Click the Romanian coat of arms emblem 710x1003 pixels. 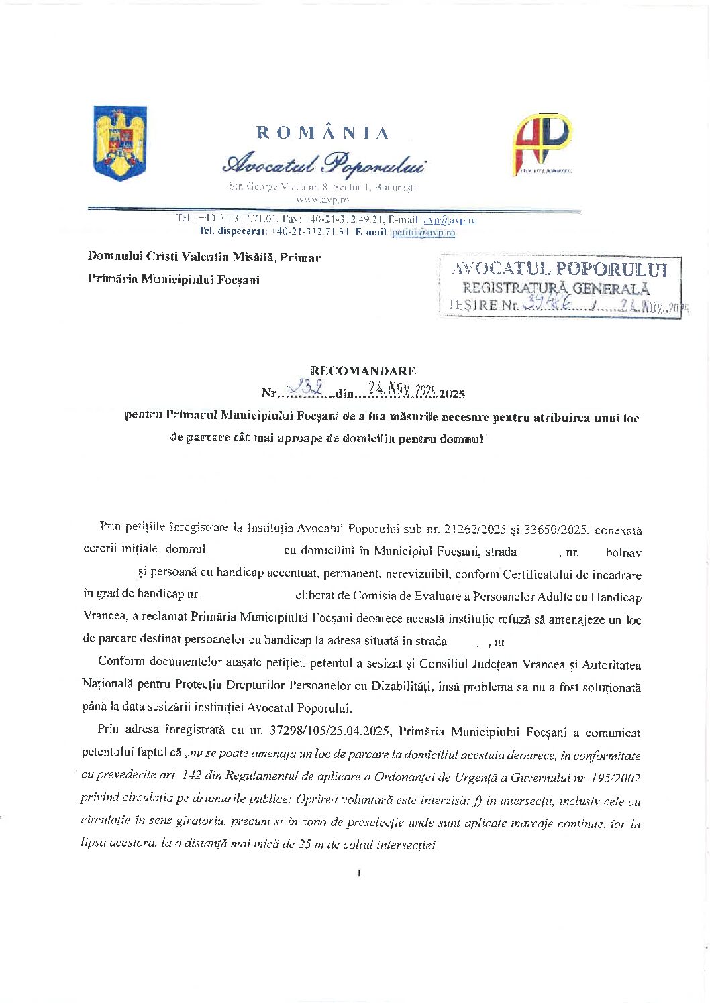point(119,143)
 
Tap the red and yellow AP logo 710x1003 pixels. point(542,143)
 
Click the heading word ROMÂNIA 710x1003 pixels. point(323,133)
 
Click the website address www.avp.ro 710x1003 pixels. point(322,199)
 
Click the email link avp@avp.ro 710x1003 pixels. point(450,219)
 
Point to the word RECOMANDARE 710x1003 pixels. point(363,371)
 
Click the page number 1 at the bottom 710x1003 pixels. point(360,872)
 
